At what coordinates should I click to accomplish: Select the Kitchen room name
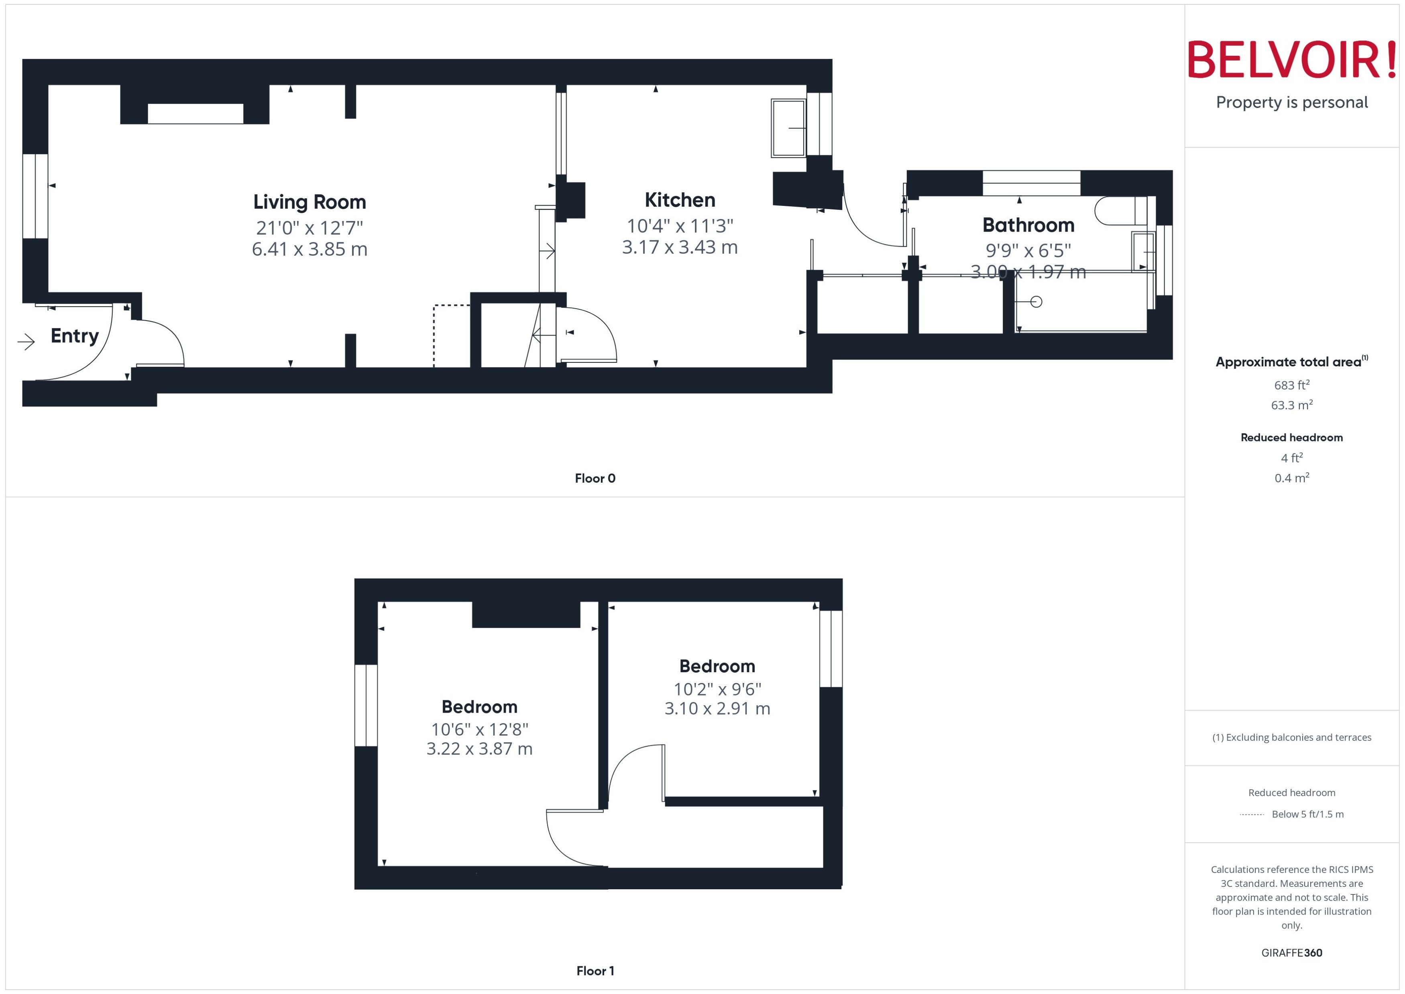click(680, 200)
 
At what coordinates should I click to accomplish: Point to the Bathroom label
click(1028, 225)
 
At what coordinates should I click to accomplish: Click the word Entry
click(75, 336)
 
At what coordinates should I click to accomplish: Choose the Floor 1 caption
click(595, 971)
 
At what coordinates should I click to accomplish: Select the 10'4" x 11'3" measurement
click(680, 226)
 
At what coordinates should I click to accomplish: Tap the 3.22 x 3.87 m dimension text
click(479, 748)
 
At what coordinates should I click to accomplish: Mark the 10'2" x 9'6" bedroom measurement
click(717, 689)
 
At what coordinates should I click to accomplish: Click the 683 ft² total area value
click(1291, 385)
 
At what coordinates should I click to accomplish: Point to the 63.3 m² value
click(1291, 405)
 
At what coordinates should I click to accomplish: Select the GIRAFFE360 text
click(1291, 953)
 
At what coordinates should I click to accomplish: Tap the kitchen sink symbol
click(788, 128)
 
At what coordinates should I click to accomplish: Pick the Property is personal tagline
click(1291, 102)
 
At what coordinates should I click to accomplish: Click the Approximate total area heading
click(1289, 362)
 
